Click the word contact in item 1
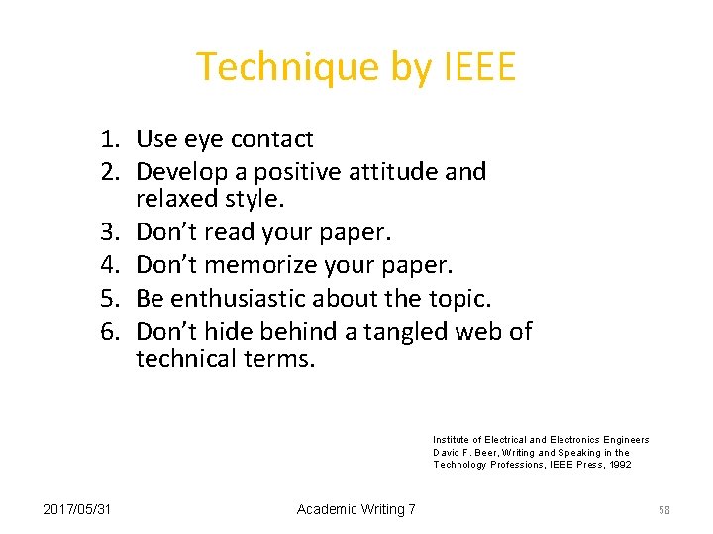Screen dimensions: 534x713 [x=270, y=139]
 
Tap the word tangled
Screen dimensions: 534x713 [x=406, y=330]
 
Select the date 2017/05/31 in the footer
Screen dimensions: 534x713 [x=77, y=508]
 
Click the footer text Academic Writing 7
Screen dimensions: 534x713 [x=356, y=508]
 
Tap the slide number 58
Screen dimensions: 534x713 [x=664, y=509]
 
